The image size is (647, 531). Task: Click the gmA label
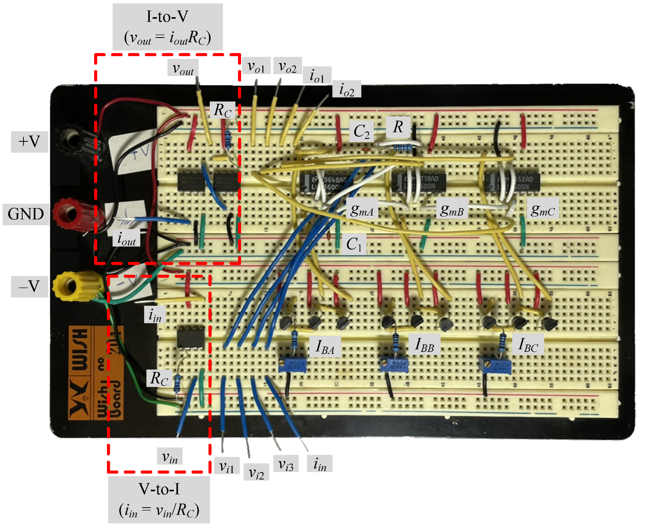click(362, 210)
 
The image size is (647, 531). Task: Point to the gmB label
click(452, 210)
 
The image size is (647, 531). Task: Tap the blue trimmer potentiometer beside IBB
click(394, 365)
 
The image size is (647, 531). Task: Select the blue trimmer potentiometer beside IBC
click(495, 365)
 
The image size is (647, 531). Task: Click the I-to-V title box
click(167, 27)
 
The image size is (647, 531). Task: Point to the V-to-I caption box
click(159, 499)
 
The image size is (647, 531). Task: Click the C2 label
click(361, 132)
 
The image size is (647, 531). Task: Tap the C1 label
click(354, 244)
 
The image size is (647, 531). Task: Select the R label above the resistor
click(398, 127)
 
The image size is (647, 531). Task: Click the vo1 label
click(256, 66)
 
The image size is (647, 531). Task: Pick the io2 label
click(347, 89)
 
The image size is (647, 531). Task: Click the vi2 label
click(256, 472)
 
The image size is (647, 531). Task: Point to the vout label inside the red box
click(182, 68)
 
